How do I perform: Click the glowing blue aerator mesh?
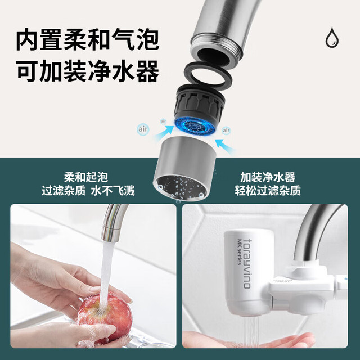tap(195, 126)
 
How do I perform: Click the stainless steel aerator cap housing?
tap(185, 169)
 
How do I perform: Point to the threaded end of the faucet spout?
tap(216, 52)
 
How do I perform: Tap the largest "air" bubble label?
tap(143, 129)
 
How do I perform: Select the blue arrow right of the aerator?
tap(226, 146)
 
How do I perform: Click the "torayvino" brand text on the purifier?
tap(247, 264)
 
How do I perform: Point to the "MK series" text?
tap(240, 251)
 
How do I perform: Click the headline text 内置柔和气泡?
tap(88, 39)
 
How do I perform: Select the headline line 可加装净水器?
tap(88, 71)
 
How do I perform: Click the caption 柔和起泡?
tap(86, 177)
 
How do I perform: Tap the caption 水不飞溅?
tap(112, 191)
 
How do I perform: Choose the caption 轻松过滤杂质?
tap(268, 191)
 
